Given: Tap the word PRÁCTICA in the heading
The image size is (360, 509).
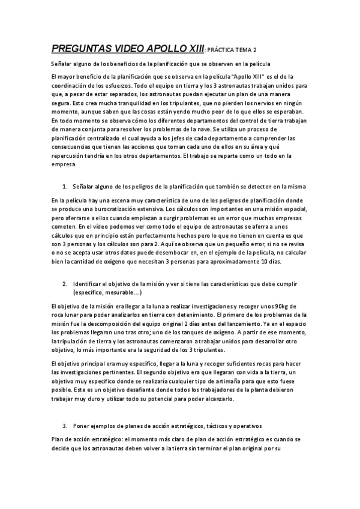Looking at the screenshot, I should point(227,49).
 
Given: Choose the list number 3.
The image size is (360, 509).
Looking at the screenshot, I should point(64,426).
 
